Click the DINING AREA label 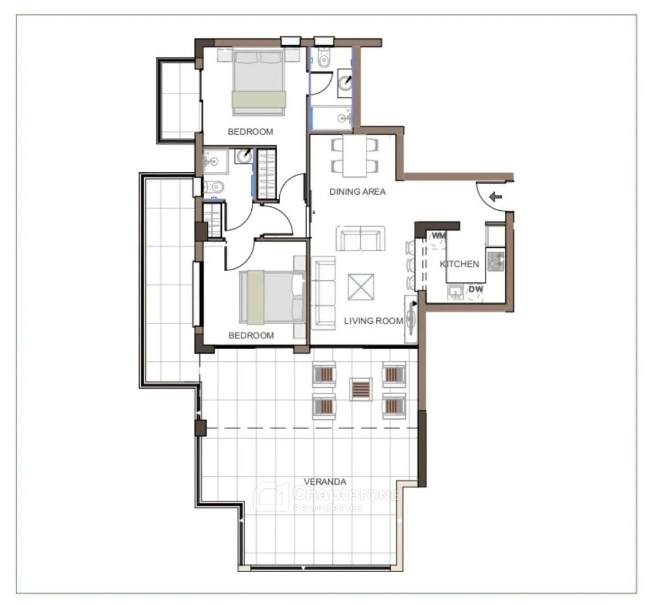pos(357,191)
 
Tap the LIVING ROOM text pos(373,321)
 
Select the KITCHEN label pos(459,264)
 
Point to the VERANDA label pos(325,482)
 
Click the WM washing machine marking pos(438,236)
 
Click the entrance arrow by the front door pos(496,197)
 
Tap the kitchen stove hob pos(496,262)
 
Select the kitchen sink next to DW pos(456,292)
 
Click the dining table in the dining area pos(354,156)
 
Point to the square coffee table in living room pos(361,287)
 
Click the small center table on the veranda pos(361,389)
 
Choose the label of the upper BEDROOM pos(250,132)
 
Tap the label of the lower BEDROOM pos(251,336)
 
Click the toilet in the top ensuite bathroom pos(323,57)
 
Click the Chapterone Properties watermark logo pos(325,497)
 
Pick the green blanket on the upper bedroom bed pos(259,99)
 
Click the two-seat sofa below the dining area pos(361,239)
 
